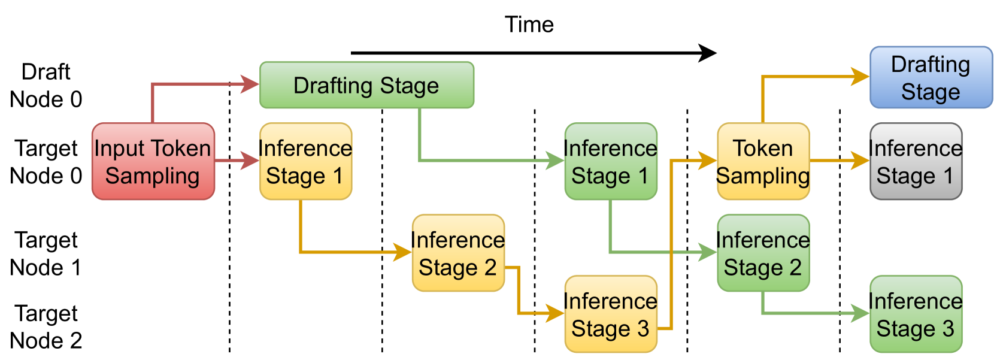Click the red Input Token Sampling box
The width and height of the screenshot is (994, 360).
153,162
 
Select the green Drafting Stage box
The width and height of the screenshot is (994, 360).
366,85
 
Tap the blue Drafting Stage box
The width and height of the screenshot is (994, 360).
931,77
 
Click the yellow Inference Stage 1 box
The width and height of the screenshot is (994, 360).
305,162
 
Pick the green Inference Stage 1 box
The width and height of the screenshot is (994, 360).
610,162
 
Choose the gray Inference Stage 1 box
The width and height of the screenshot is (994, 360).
916,162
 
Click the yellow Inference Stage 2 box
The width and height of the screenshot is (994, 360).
458,253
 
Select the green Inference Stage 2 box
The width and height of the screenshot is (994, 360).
763,253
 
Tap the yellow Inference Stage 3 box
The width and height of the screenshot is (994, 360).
610,314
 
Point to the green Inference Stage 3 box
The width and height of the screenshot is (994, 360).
916,314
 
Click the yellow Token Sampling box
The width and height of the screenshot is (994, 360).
763,162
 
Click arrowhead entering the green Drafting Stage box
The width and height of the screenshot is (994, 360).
250,84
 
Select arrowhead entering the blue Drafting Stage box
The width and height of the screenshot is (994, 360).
861,77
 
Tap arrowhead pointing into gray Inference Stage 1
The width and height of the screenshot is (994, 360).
861,161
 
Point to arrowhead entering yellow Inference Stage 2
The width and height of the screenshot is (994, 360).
403,252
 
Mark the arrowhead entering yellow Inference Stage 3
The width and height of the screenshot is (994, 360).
556,313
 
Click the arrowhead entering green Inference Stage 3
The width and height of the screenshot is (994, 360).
861,313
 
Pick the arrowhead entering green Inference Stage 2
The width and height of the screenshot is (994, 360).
708,252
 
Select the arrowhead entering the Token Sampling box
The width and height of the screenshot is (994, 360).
708,160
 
